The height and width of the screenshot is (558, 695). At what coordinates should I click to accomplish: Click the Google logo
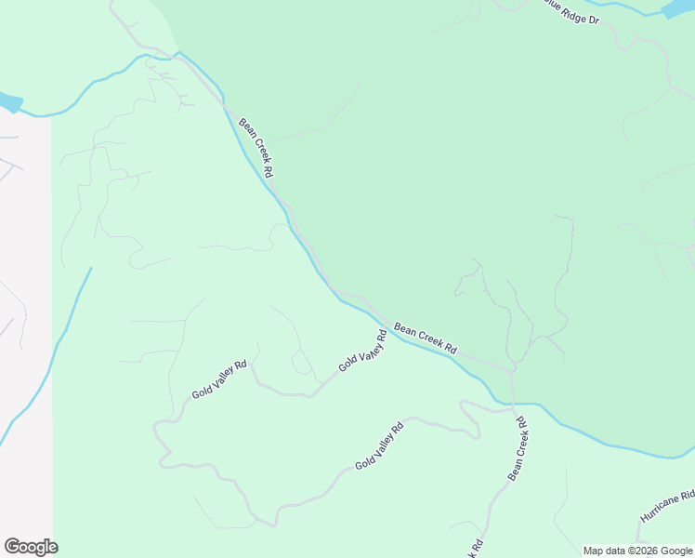coord(31,547)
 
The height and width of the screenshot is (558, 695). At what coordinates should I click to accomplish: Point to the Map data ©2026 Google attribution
coord(637,551)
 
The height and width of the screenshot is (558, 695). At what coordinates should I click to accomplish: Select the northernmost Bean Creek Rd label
coord(256,147)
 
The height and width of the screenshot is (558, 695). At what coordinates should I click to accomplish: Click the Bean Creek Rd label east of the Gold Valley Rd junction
coord(426,339)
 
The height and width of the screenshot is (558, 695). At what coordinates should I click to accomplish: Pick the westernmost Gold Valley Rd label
coord(219,379)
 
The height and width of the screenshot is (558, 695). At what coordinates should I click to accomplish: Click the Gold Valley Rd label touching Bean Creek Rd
coord(362,351)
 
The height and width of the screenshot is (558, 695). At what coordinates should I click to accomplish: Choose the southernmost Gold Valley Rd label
coord(379,445)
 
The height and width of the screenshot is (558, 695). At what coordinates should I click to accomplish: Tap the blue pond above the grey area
coord(9,101)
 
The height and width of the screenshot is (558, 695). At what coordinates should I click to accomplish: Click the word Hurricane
coord(658,510)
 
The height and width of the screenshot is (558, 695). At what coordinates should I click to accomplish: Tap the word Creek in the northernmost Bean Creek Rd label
coord(256,147)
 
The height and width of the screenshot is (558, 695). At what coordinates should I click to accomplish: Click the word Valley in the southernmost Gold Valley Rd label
coord(383,443)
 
